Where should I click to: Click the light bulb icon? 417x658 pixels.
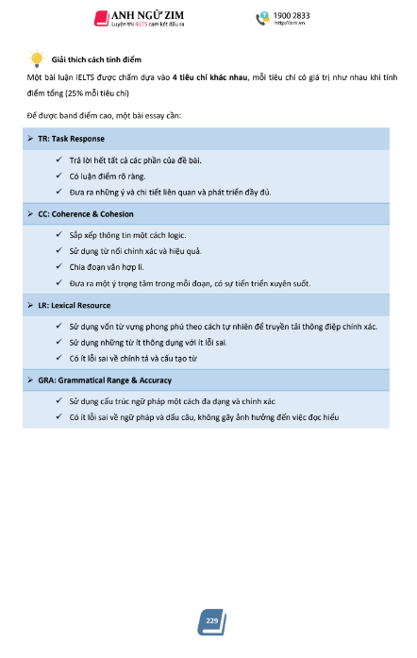37,58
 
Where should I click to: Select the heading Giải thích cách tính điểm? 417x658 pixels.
96,59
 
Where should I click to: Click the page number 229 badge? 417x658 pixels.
211,620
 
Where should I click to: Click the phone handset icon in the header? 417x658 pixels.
262,18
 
